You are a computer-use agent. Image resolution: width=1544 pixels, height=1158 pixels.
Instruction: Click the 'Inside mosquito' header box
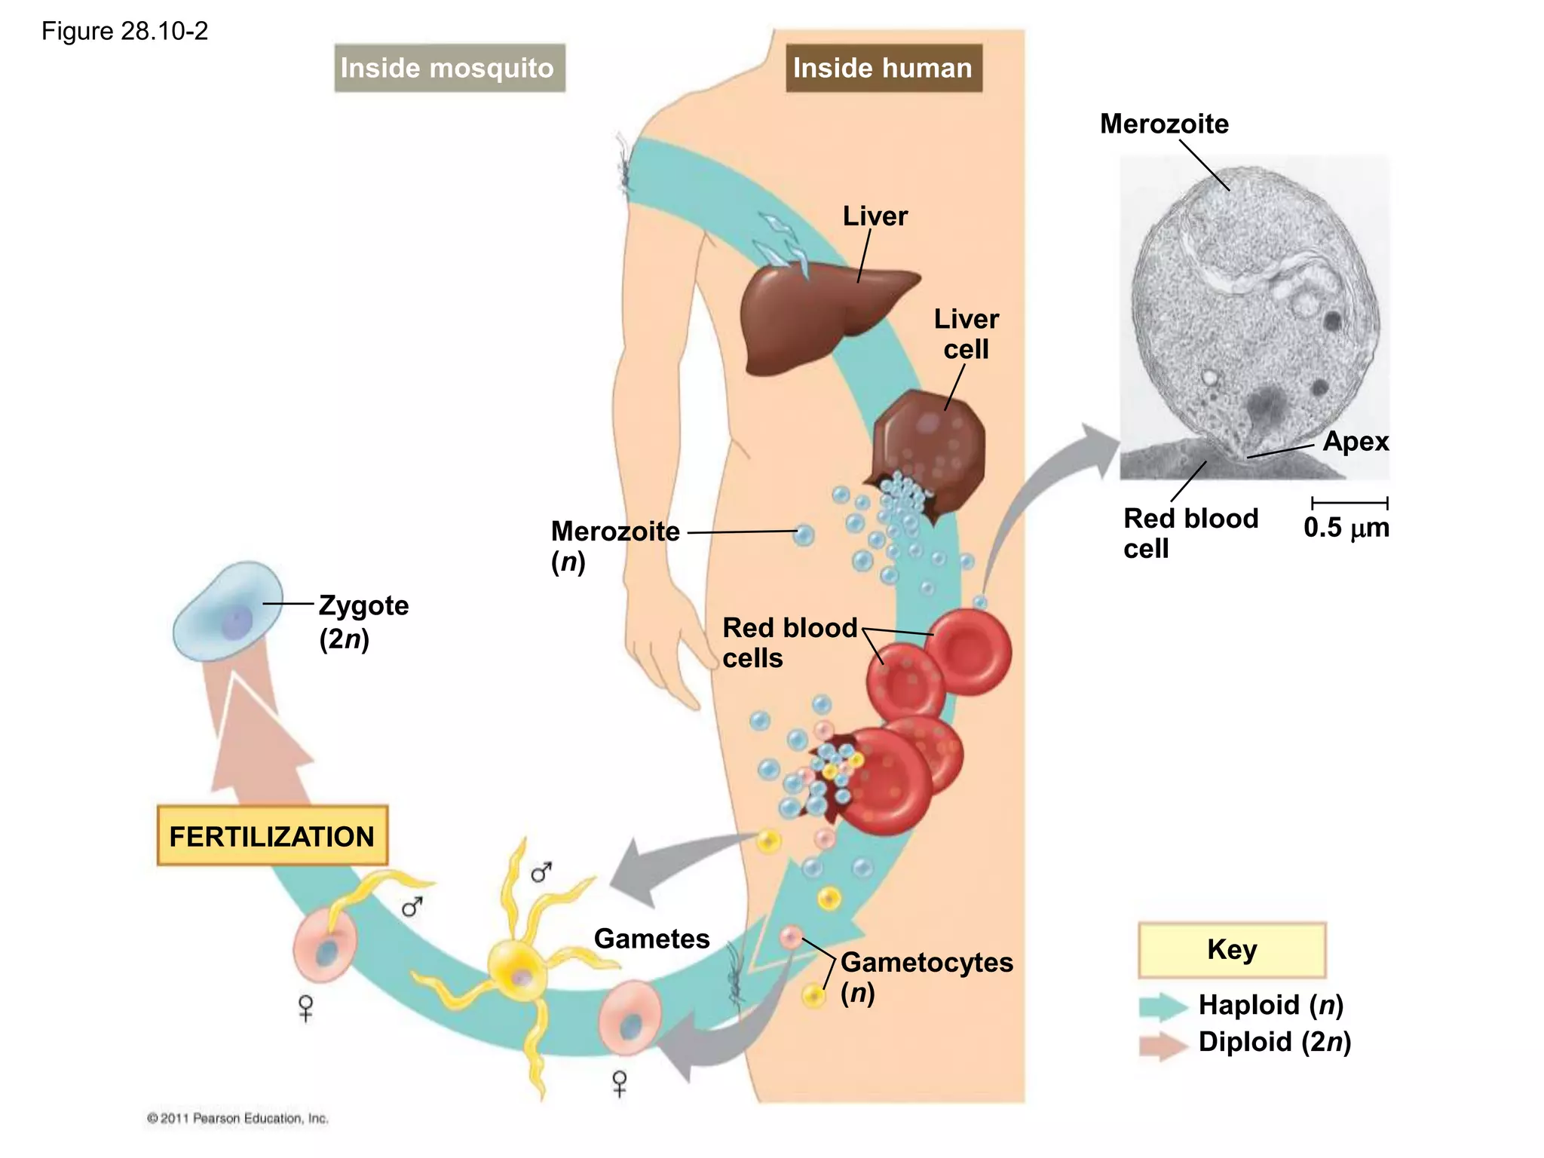tap(449, 68)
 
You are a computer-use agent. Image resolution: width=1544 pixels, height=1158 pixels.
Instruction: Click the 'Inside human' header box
tap(883, 68)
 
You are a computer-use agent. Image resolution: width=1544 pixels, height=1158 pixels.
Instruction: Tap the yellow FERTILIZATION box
tap(272, 836)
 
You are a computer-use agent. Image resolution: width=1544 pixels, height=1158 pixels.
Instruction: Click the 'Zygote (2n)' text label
tap(363, 621)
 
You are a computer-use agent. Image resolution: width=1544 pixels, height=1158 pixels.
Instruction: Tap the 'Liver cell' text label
tap(966, 334)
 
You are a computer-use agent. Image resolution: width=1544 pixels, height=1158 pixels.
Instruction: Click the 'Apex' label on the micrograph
tap(1355, 441)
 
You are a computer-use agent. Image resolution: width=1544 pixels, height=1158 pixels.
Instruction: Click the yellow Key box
tap(1232, 949)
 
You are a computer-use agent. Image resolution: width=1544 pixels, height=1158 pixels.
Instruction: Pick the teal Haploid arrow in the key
tap(1163, 1006)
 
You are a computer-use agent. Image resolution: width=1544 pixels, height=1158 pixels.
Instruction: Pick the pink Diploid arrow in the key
tap(1163, 1045)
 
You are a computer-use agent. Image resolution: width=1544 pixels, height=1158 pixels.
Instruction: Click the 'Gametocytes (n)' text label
tap(926, 976)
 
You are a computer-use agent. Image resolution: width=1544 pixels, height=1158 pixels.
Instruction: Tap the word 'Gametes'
tap(651, 939)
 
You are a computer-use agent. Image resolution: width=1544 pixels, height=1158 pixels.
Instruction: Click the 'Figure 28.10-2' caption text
tap(124, 31)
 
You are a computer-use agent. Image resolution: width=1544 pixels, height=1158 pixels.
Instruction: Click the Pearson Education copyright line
tap(237, 1118)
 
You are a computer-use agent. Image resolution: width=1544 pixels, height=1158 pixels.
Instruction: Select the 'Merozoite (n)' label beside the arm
tap(614, 545)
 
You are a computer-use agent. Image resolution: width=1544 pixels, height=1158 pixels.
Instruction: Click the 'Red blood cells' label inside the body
tap(789, 642)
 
